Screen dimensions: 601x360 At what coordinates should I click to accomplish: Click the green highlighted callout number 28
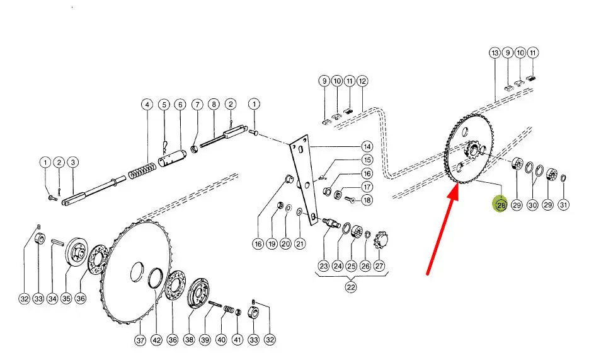tap(501, 205)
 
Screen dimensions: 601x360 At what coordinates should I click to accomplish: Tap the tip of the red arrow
tap(457, 184)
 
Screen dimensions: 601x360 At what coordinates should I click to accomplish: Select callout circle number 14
tap(367, 147)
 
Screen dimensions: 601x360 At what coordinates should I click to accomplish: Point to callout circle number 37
tap(140, 340)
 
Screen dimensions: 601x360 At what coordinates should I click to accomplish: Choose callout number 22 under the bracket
tap(351, 287)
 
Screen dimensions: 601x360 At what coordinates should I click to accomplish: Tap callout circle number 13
tap(495, 52)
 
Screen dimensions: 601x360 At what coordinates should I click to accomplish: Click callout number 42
tap(156, 340)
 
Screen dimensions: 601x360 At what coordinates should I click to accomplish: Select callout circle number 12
tap(362, 81)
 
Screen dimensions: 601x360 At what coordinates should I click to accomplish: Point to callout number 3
tap(73, 162)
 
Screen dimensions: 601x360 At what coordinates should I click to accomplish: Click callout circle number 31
tap(563, 205)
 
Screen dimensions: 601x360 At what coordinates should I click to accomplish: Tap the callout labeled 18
tap(367, 200)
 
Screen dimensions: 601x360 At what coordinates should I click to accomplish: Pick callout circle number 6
tap(180, 105)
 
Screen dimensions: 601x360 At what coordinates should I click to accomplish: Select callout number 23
tap(324, 265)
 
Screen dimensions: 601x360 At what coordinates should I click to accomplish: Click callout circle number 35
tap(67, 298)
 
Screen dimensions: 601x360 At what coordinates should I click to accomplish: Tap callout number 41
tap(238, 340)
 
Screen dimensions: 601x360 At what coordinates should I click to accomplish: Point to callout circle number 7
tap(197, 105)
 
